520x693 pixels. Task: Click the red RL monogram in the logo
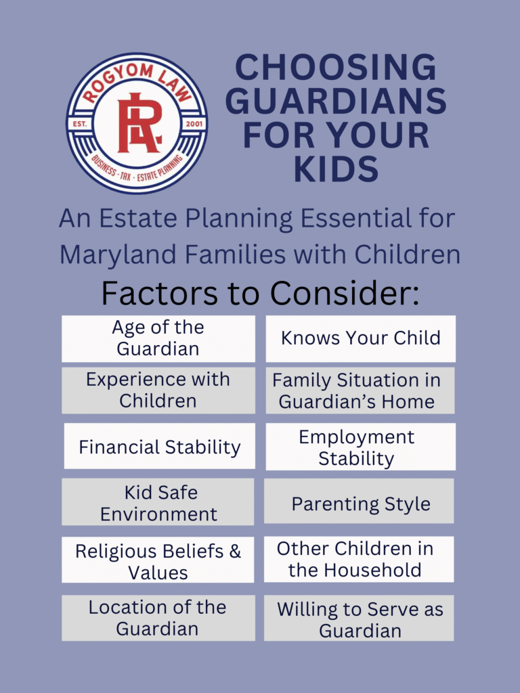click(x=139, y=122)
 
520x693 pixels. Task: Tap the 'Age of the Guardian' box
click(x=158, y=338)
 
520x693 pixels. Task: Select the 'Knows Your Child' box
click(x=360, y=338)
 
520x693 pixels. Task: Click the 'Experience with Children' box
click(x=158, y=390)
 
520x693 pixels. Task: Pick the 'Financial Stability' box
click(x=160, y=447)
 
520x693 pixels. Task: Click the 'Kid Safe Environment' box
click(x=158, y=502)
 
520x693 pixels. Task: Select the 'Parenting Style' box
click(x=360, y=504)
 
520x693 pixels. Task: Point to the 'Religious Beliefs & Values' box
click(x=158, y=560)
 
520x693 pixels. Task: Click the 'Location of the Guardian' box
click(x=158, y=618)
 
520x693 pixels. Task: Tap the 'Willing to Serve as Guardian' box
click(x=359, y=619)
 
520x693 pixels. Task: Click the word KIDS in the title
click(x=336, y=169)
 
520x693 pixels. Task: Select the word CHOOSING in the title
click(x=336, y=68)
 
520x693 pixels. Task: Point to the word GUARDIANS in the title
click(x=336, y=102)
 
